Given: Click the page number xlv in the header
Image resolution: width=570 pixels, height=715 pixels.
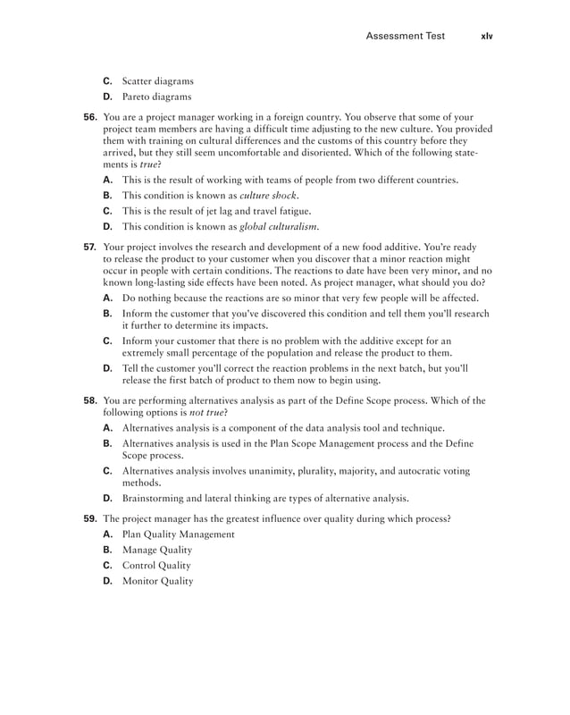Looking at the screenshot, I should (486, 37).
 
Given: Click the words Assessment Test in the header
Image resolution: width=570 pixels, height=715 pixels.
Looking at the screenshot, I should (407, 37).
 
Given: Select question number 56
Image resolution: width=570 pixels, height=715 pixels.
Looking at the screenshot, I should (90, 117).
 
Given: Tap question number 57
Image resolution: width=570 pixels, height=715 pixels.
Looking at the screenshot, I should (90, 247).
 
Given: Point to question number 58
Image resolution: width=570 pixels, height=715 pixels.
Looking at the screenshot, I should (90, 401).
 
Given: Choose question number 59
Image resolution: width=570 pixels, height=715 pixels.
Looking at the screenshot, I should (90, 518).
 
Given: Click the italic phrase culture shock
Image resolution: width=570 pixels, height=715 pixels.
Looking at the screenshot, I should (269, 195).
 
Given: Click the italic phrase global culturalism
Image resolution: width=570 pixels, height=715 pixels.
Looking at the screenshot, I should (279, 226).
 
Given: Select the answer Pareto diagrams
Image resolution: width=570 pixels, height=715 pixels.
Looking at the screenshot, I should (156, 97).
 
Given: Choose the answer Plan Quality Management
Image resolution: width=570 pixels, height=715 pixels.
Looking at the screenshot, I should (178, 534).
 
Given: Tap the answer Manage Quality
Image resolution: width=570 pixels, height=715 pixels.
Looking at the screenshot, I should (156, 550).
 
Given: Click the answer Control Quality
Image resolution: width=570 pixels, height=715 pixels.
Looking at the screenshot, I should (155, 566).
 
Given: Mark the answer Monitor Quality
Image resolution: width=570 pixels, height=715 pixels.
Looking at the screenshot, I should (157, 581).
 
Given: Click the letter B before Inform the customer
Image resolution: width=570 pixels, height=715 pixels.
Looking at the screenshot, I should (107, 314).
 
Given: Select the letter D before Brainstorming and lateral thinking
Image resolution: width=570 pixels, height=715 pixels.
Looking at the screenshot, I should (107, 498).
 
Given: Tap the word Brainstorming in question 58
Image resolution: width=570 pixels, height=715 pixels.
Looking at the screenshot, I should (155, 498).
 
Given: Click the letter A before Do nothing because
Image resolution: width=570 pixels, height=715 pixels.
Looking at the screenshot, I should (107, 298).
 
